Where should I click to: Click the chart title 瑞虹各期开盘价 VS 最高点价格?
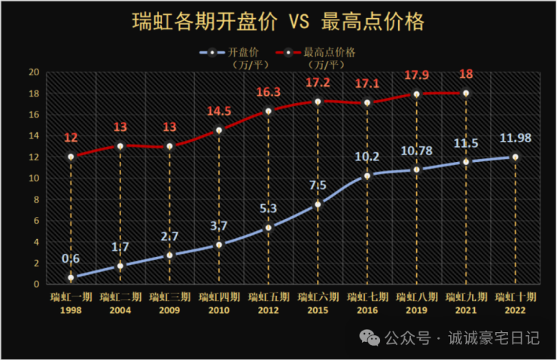(278, 20)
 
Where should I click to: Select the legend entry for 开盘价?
(233, 53)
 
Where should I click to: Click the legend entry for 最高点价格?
(317, 53)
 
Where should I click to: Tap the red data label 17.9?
(416, 77)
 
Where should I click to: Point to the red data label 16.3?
(268, 93)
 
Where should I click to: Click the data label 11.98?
(516, 139)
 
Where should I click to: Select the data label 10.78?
(416, 151)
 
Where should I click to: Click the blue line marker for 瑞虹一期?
(71, 277)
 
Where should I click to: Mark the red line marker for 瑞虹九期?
(466, 93)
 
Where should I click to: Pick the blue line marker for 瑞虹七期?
(367, 175)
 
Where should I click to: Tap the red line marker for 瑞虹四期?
(219, 130)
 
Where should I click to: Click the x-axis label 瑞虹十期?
(516, 297)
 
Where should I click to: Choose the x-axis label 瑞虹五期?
(268, 297)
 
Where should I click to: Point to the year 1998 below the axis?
(71, 310)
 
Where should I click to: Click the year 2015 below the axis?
(318, 310)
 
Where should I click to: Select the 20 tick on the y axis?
(34, 72)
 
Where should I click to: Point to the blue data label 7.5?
(318, 185)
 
